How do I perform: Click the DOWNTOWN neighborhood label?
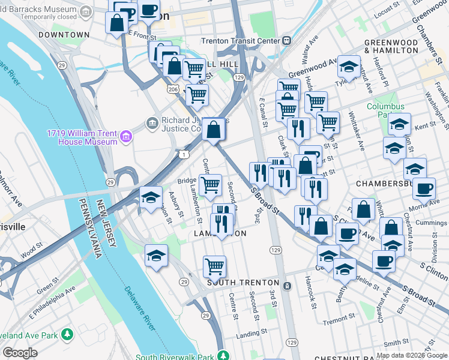[x=64, y=35]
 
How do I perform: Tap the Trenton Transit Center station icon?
[x=287, y=41]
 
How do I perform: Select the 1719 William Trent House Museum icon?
[x=125, y=137]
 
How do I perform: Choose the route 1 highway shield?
[x=182, y=154]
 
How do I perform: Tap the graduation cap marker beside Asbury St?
[x=151, y=197]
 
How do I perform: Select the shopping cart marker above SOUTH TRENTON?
[x=214, y=265]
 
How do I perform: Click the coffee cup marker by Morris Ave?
[x=424, y=187]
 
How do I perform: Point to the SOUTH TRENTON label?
[x=243, y=282]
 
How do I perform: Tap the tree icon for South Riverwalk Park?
[x=223, y=357]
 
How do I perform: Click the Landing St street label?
[x=251, y=332]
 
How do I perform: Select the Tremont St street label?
[x=336, y=322]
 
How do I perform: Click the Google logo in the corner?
[x=20, y=353]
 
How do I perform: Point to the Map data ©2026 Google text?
[x=412, y=355]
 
